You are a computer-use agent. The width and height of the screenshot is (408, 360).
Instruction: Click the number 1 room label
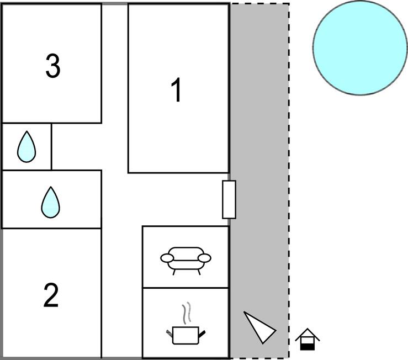176,91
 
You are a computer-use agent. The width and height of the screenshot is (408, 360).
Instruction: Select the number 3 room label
52,66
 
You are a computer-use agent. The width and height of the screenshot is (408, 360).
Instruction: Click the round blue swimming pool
359,47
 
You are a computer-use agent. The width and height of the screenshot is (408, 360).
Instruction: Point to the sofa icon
186,259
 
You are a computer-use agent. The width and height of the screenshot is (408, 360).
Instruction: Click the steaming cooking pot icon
186,333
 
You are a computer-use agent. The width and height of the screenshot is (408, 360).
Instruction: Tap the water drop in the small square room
26,147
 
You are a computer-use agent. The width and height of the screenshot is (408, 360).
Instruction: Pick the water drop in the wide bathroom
50,202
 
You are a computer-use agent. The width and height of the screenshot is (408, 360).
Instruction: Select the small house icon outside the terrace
308,339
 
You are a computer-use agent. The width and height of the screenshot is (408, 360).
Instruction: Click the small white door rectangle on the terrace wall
229,199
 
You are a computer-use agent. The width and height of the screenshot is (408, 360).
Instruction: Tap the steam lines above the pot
187,312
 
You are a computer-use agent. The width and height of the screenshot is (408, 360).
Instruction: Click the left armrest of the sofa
167,258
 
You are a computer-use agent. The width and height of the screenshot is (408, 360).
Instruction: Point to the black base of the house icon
308,346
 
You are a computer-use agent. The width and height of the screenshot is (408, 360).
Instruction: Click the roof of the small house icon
308,333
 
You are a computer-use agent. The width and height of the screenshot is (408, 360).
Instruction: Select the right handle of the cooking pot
203,333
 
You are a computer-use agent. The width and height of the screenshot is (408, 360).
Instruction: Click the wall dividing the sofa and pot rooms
186,288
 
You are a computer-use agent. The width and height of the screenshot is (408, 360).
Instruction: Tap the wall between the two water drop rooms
51,170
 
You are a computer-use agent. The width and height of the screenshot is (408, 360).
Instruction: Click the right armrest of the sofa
205,258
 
